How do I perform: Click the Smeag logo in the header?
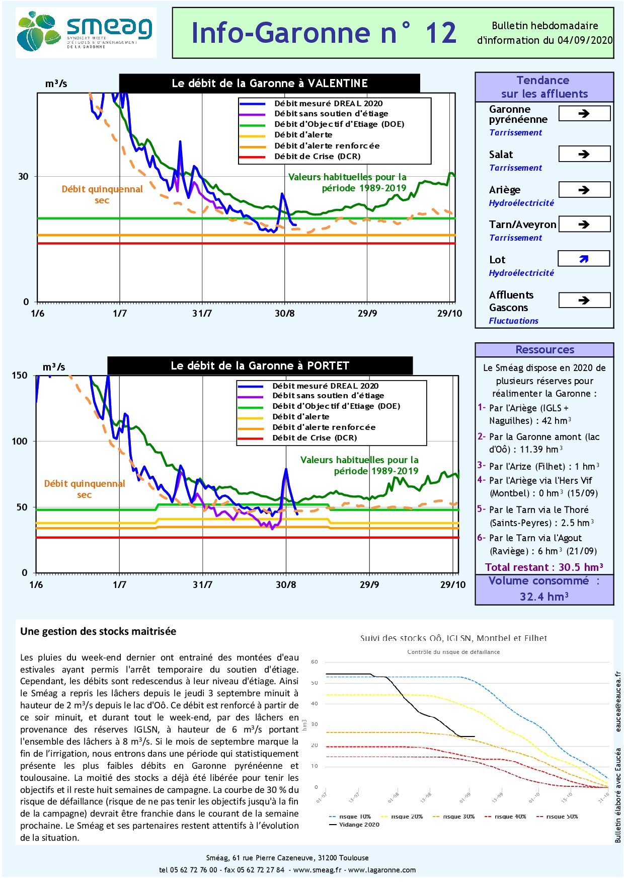point(86,32)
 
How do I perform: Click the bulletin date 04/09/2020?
point(585,40)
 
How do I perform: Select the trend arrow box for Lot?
point(584,259)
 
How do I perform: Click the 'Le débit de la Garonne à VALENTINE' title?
point(270,84)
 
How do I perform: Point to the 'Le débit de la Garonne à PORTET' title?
point(260,366)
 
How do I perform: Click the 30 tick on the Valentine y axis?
point(24,177)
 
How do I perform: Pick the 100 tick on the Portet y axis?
point(20,441)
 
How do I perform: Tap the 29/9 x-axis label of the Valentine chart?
point(367,314)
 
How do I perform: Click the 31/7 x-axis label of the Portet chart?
point(202,585)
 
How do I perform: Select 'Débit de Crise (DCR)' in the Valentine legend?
point(317,157)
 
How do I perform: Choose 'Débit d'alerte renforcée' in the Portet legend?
point(324,427)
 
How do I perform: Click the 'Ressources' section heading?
point(544,350)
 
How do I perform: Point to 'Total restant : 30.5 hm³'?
point(544,567)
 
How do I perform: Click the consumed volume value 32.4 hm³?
point(544,597)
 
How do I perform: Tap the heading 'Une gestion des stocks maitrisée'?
point(98,632)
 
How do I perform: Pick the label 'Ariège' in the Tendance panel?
point(505,190)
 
